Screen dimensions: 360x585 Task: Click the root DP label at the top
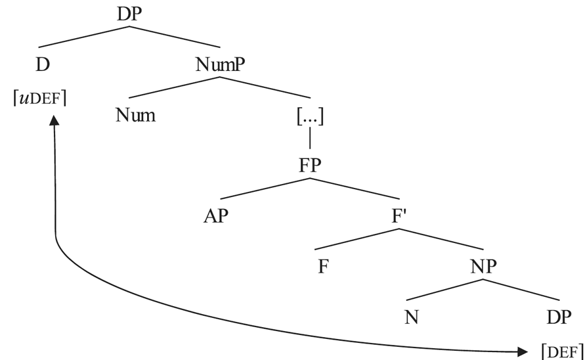[129, 14]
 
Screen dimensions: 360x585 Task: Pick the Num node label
[135, 116]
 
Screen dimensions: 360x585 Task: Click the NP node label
[483, 266]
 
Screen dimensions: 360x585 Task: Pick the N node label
[412, 317]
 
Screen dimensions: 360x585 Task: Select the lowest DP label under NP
[558, 317]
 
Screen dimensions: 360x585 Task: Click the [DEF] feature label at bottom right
[562, 351]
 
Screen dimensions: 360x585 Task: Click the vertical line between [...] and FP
[309, 141]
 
